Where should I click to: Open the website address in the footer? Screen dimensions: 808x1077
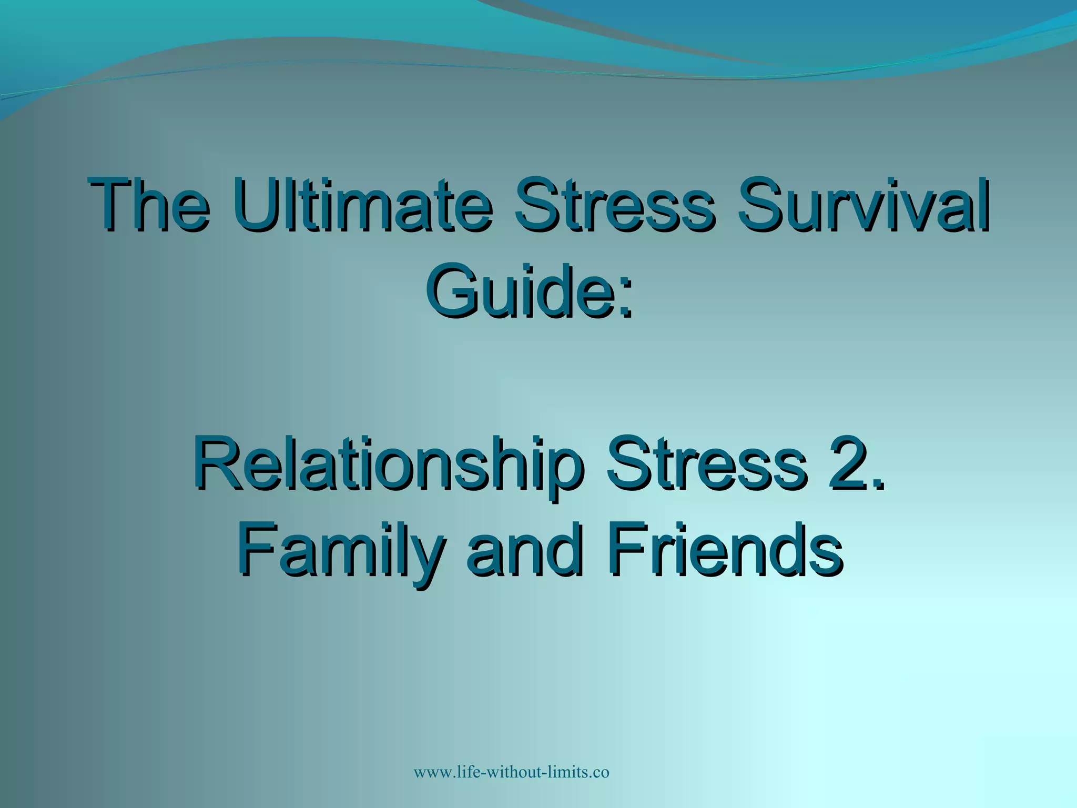(x=511, y=772)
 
